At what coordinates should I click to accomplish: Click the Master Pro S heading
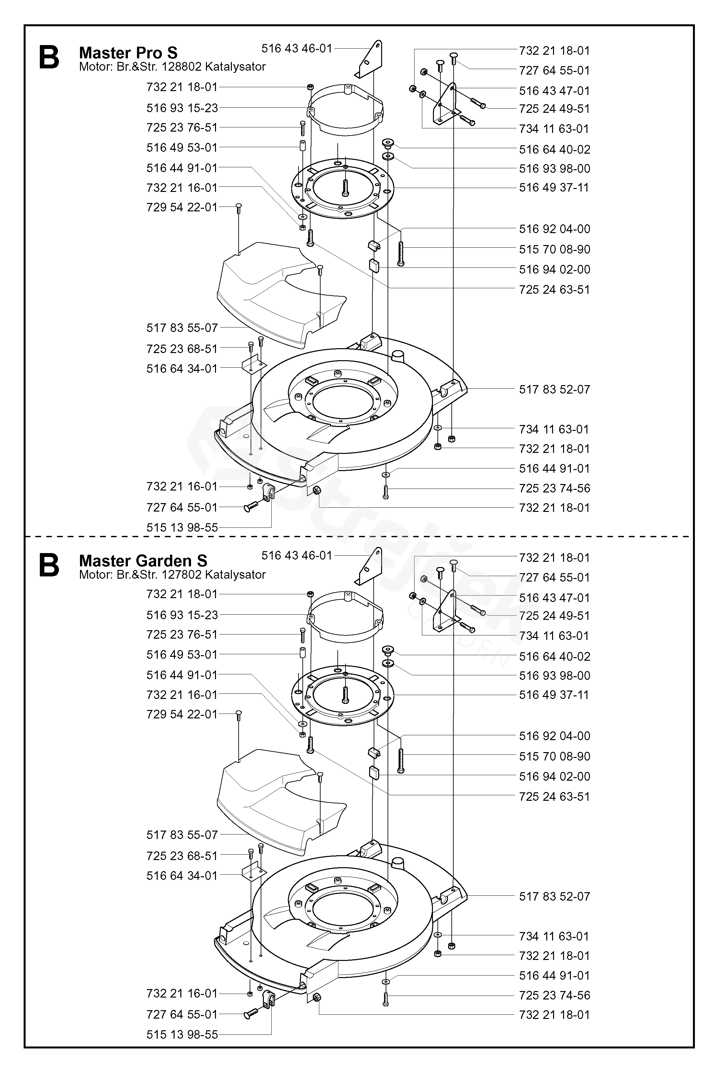coord(128,53)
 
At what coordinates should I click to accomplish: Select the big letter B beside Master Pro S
coord(49,57)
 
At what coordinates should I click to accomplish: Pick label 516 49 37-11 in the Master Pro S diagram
coord(554,187)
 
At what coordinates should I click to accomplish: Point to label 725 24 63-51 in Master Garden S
coord(554,797)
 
